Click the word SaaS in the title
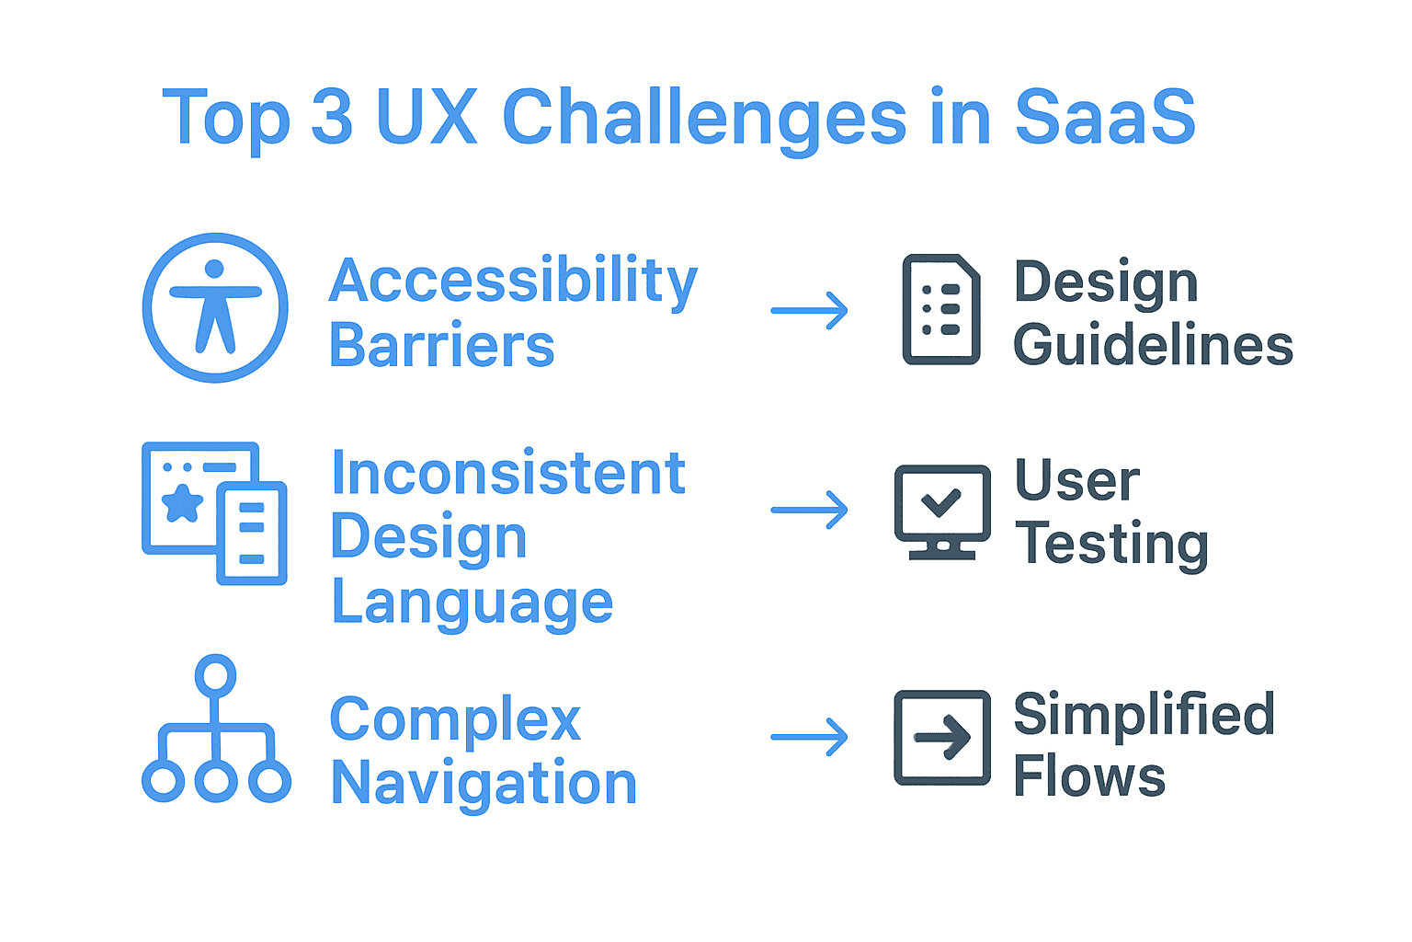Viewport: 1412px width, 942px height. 1104,118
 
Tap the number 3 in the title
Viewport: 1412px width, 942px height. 332,118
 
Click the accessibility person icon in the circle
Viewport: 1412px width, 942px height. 215,307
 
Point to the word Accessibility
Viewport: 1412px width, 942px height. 513,281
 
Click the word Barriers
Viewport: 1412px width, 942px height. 441,346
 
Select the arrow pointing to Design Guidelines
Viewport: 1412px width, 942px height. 809,311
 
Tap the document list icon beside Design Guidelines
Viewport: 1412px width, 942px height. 940,309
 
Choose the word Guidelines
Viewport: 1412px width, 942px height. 1153,346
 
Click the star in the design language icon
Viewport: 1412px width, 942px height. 182,502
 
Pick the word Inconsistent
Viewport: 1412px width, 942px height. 507,473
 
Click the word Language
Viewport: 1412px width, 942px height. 472,603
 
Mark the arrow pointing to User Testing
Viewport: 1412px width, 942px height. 809,510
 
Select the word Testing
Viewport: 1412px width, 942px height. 1110,545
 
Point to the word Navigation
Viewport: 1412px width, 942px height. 484,784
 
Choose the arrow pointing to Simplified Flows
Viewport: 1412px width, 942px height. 809,737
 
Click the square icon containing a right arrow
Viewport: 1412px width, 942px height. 942,738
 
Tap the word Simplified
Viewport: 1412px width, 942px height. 1144,715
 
